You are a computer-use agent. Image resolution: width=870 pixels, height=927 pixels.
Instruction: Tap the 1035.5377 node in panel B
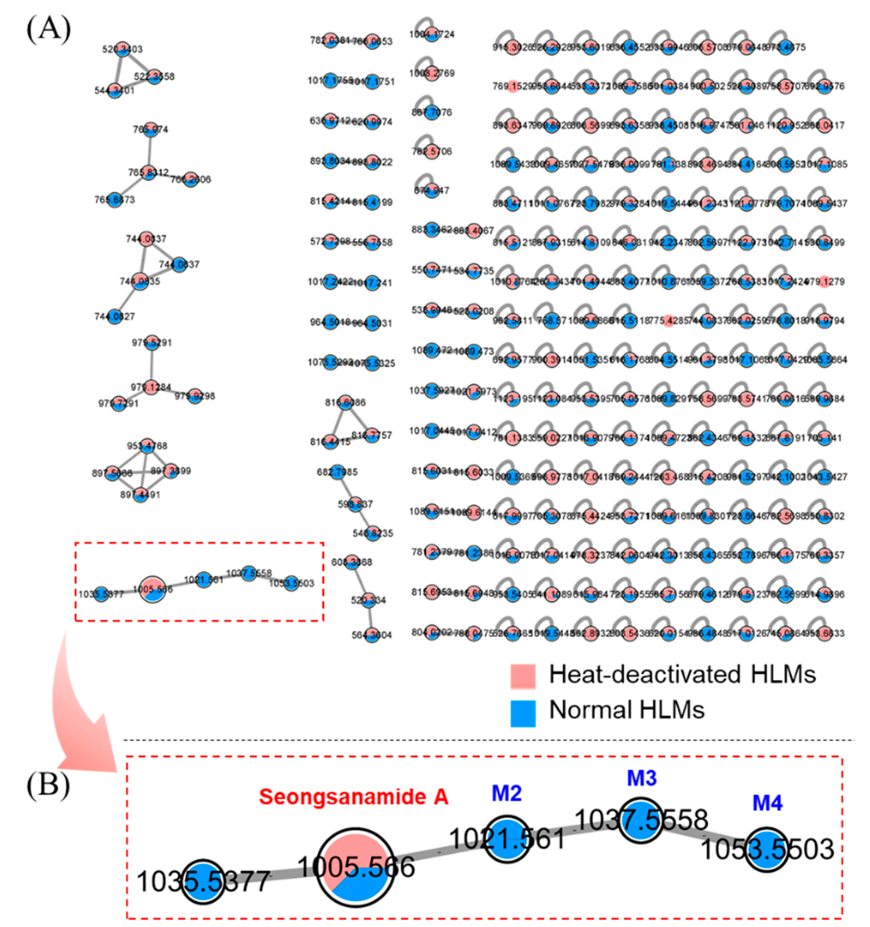(203, 880)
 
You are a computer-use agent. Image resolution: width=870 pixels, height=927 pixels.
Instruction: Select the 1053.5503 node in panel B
(766, 850)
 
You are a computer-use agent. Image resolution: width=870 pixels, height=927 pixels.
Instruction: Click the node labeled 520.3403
(122, 49)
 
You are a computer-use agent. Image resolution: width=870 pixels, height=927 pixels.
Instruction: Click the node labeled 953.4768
(147, 446)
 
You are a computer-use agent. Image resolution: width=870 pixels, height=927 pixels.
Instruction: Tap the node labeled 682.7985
(337, 472)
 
